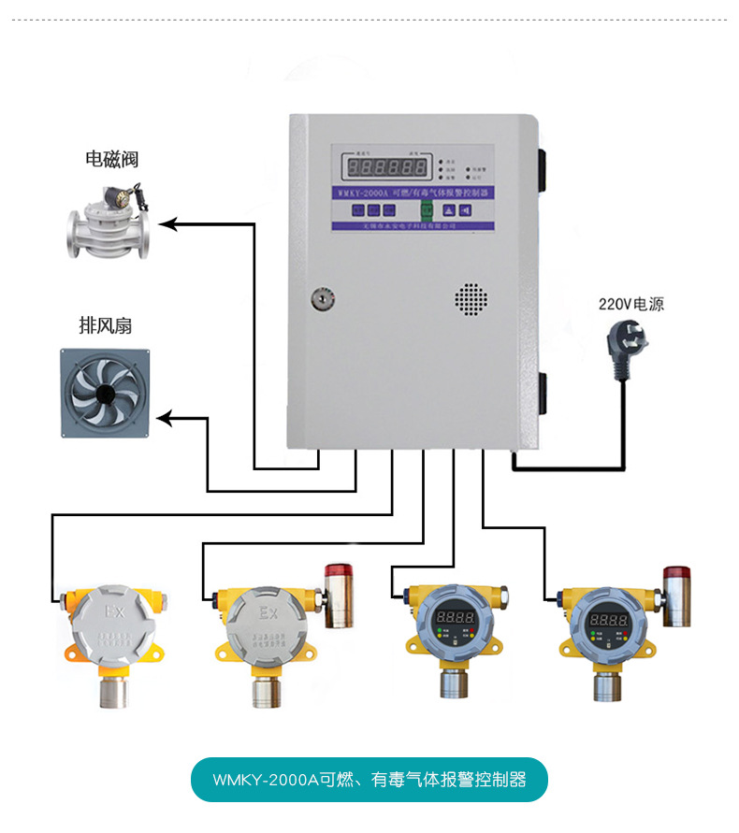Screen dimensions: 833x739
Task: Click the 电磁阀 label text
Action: click(112, 160)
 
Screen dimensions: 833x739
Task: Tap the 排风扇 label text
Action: click(105, 325)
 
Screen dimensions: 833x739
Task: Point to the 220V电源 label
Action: click(630, 304)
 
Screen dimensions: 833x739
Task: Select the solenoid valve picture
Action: click(109, 224)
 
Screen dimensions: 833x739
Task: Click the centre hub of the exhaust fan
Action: click(105, 393)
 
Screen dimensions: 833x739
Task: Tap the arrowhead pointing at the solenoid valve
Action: click(167, 223)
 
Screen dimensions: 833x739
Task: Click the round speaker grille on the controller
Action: click(471, 297)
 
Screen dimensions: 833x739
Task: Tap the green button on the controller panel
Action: click(426, 210)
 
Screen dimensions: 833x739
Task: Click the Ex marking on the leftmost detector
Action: click(115, 613)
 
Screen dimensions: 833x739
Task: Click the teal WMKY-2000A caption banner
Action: click(369, 779)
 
